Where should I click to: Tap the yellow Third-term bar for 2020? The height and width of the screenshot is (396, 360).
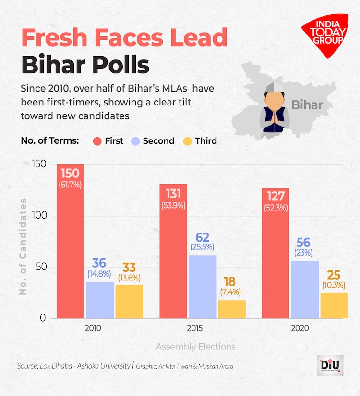334,305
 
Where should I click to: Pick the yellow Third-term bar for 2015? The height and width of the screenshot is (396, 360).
232,309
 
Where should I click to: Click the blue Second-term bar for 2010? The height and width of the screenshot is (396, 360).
100,300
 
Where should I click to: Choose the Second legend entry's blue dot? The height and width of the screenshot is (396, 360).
135,141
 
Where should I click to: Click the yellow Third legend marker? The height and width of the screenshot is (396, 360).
187,141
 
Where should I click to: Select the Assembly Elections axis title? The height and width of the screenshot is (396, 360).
196,346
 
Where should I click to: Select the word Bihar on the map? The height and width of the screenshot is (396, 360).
307,104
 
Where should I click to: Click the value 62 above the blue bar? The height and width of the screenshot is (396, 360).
203,237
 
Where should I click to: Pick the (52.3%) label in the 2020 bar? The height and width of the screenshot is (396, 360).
276,208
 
